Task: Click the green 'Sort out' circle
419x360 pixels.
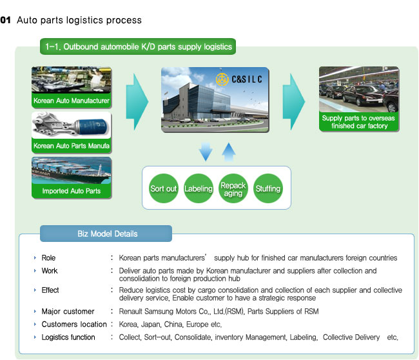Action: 163,188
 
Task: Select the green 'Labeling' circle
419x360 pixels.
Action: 199,188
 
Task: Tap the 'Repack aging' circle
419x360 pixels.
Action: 233,188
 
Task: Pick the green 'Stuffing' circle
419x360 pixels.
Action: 268,188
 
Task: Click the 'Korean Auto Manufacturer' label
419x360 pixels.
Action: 72,101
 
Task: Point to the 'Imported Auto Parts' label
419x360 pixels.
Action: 72,191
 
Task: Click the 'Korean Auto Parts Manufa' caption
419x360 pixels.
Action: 72,146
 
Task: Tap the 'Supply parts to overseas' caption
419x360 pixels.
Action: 358,118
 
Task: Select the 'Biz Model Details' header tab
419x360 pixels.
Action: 106,234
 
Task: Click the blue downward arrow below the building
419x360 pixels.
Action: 206,152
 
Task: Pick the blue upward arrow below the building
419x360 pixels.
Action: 229,152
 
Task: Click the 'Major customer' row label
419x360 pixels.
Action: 68,312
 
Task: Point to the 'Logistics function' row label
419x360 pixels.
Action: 68,337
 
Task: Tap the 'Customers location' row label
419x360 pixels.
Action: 74,325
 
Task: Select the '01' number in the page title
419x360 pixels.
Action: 6,21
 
